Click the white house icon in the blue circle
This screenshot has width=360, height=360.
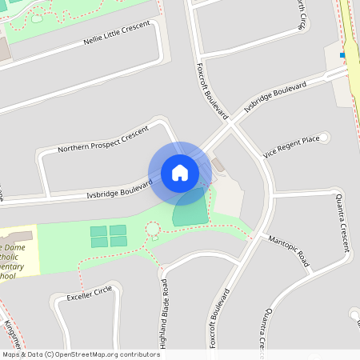coord(180,171)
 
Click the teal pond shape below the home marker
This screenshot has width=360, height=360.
coord(190,208)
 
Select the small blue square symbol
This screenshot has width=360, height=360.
coord(342,55)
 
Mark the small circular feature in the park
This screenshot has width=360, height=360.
coord(152,230)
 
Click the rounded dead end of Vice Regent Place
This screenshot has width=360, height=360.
coord(323,137)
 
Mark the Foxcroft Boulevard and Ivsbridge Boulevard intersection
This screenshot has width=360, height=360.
coord(232,126)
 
